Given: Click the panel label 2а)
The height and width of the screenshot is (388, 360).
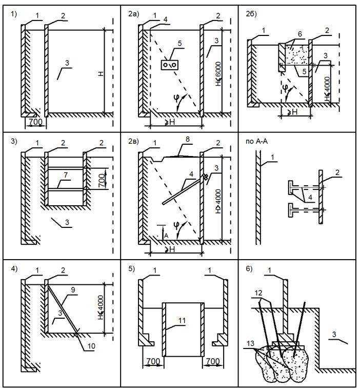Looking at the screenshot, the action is point(134,14).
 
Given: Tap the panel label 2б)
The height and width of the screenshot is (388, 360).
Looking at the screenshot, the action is point(251,14).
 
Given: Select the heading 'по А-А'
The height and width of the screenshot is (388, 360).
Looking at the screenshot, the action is point(256,142).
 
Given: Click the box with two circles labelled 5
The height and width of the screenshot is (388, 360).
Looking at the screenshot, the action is point(170,65).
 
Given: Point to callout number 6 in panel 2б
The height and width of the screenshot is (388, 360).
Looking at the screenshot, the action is point(300,34).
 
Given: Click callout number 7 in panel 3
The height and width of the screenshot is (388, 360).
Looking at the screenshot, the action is point(66,175).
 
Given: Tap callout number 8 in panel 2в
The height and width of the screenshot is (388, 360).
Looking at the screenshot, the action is point(188,139).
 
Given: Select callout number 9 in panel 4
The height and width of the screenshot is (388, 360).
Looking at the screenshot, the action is point(73,290).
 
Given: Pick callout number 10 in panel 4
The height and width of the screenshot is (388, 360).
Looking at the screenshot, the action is point(91,346).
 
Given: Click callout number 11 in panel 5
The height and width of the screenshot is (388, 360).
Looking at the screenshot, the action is point(182,321).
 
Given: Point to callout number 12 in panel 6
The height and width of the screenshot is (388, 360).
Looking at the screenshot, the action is point(258,293).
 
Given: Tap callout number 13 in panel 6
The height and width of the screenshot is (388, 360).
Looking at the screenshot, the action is point(250,343).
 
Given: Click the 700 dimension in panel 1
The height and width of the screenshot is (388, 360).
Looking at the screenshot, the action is point(35,122).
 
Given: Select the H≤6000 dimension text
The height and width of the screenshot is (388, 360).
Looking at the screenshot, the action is point(218,74).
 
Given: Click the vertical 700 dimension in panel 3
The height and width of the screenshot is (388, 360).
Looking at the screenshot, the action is point(102,180).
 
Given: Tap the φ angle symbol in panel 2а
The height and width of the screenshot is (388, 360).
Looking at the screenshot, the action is point(176,99).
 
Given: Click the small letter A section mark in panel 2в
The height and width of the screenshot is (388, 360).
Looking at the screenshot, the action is point(166,236).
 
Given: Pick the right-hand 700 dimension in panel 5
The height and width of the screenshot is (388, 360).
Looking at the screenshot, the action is point(213,361).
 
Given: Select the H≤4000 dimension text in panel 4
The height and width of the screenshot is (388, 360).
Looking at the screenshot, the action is point(101,307).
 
